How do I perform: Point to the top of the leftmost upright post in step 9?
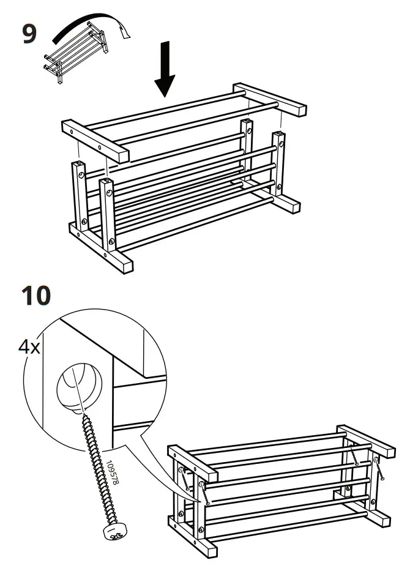coord(78,165)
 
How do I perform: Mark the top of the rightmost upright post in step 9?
coord(278,134)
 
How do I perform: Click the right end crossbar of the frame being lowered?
coord(270,99)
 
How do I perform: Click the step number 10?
coord(36,296)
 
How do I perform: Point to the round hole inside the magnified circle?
coord(76,386)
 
